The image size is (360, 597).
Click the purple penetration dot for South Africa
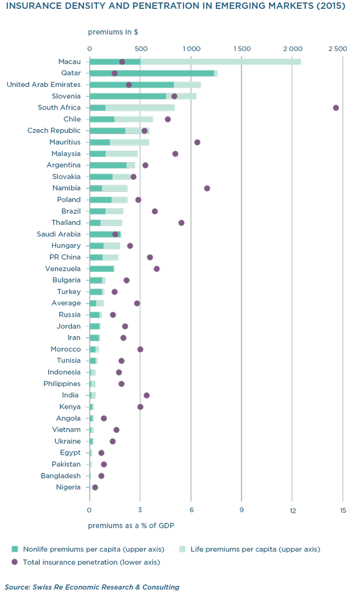click(x=336, y=107)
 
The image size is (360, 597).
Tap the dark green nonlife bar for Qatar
click(x=151, y=73)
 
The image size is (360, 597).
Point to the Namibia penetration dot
click(x=207, y=188)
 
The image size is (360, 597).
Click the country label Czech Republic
click(x=54, y=131)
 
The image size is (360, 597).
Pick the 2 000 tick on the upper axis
click(x=292, y=49)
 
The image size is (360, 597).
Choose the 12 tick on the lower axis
click(x=292, y=510)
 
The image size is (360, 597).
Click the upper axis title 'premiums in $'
click(x=113, y=32)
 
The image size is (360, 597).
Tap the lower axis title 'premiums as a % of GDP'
click(x=131, y=525)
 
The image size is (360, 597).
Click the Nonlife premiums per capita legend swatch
click(x=16, y=549)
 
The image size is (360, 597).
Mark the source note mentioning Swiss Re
click(x=91, y=587)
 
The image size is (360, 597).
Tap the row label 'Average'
click(x=66, y=303)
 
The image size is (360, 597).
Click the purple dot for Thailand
click(x=181, y=223)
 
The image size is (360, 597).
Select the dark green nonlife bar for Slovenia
click(x=127, y=96)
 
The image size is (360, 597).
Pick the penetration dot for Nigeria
click(x=95, y=487)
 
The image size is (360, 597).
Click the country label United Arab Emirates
click(x=43, y=85)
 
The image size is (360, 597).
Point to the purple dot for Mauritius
click(x=197, y=142)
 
